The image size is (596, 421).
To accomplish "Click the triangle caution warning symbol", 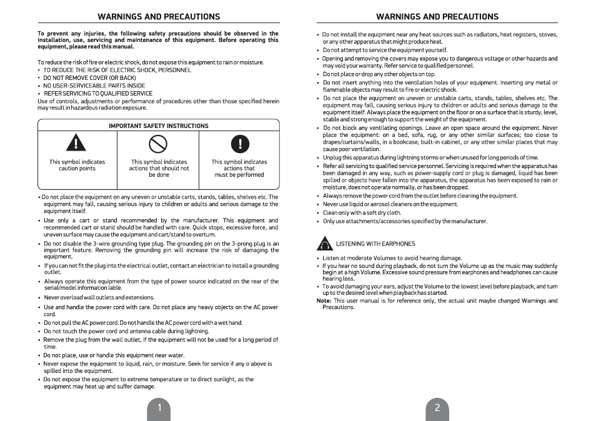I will tap(76, 143).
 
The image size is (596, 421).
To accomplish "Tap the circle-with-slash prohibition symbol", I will tap(158, 144).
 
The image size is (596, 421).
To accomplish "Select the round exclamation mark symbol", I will tap(239, 144).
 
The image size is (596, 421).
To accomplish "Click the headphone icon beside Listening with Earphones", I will tap(325, 244).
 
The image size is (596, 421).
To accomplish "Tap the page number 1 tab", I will tap(159, 408).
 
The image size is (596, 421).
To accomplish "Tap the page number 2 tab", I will tap(437, 408).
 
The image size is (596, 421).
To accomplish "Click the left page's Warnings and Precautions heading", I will tap(159, 16).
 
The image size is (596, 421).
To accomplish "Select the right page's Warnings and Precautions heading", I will tap(437, 16).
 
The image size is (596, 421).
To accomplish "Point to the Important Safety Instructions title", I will tap(159, 126).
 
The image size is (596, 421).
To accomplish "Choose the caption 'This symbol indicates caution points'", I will tap(77, 165).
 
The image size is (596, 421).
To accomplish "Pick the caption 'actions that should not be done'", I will tap(159, 168).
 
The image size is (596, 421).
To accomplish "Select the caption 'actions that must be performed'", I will tap(239, 168).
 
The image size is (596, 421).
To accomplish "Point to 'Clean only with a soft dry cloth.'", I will tap(362, 212).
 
